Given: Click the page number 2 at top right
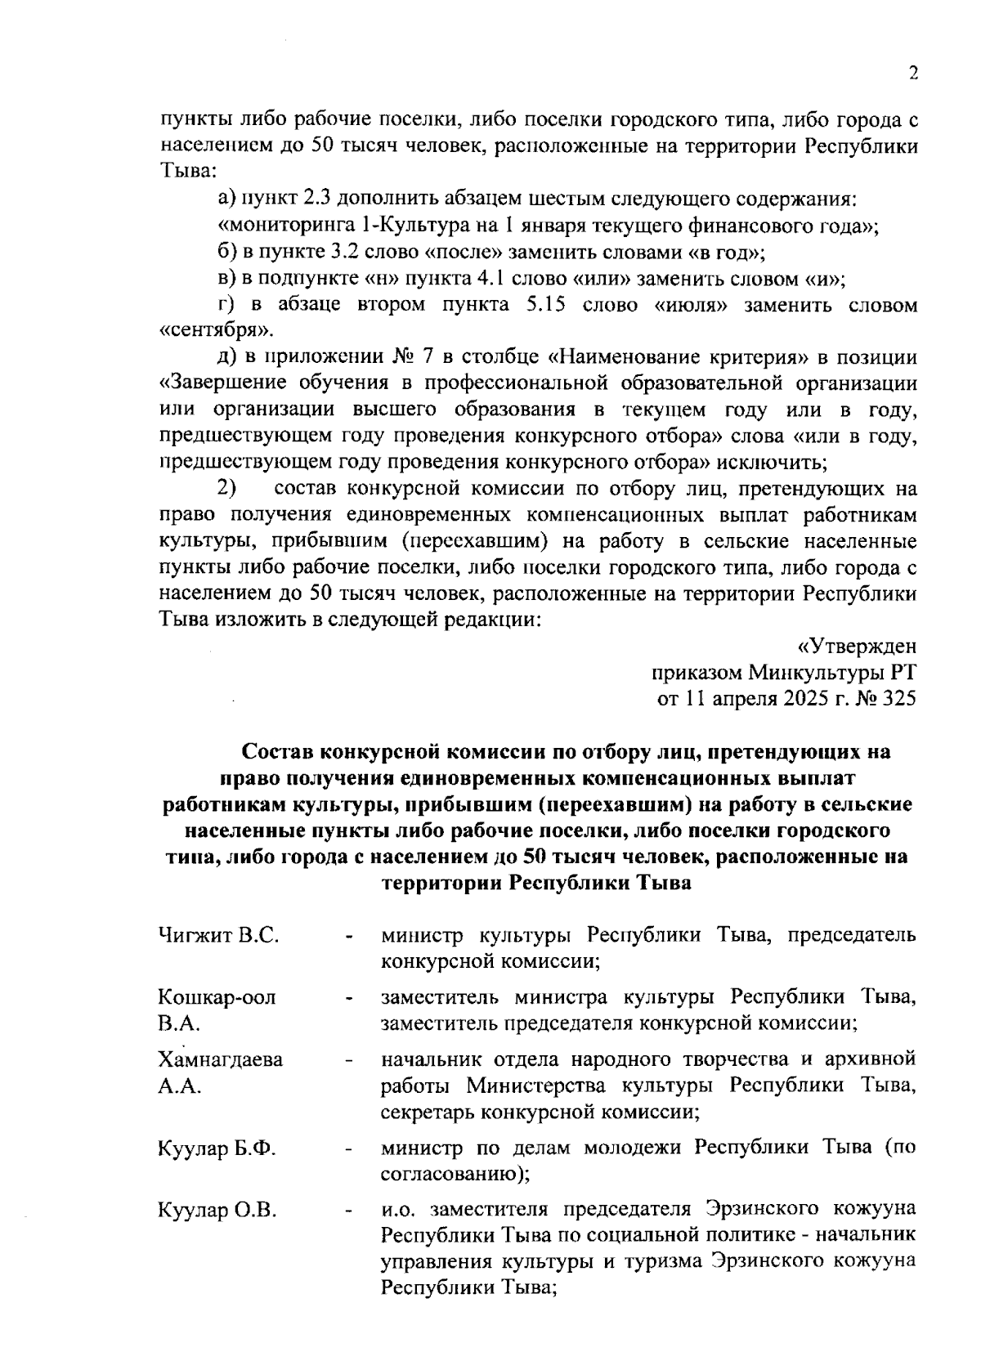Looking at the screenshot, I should coord(913,74).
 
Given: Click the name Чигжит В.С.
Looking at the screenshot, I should coord(219,934).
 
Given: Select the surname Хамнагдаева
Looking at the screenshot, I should coord(221,1059).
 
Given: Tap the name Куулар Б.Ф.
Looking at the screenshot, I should coord(217,1148).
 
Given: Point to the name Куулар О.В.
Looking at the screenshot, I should coord(217,1209).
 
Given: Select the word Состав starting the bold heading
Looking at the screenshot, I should coord(278,751).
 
